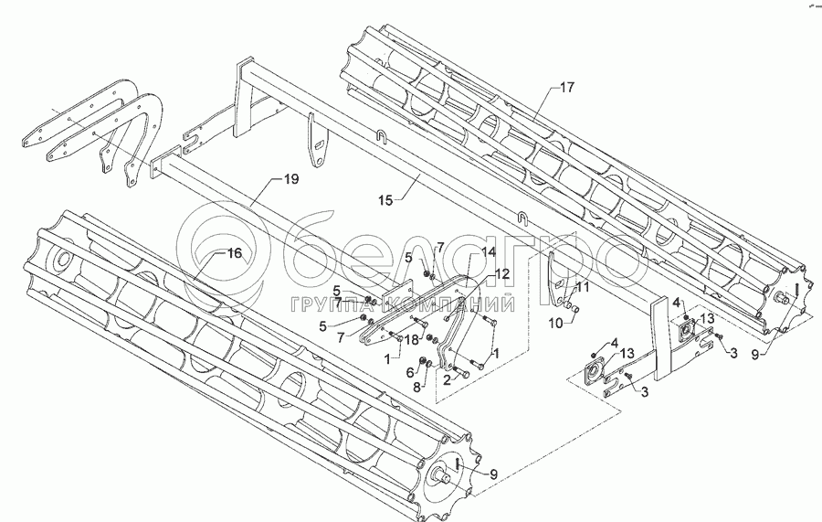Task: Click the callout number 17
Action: click(x=567, y=87)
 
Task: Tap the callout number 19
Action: click(x=291, y=179)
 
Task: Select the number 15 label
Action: click(x=385, y=200)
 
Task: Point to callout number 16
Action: click(x=235, y=253)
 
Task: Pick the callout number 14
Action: click(x=488, y=252)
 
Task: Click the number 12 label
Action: click(x=501, y=273)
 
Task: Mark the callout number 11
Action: click(x=584, y=287)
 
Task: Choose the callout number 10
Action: click(x=555, y=324)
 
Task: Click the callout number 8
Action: click(x=416, y=389)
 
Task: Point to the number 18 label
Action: click(x=412, y=340)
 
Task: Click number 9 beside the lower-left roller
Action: click(x=493, y=474)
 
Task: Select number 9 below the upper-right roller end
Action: click(x=755, y=356)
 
